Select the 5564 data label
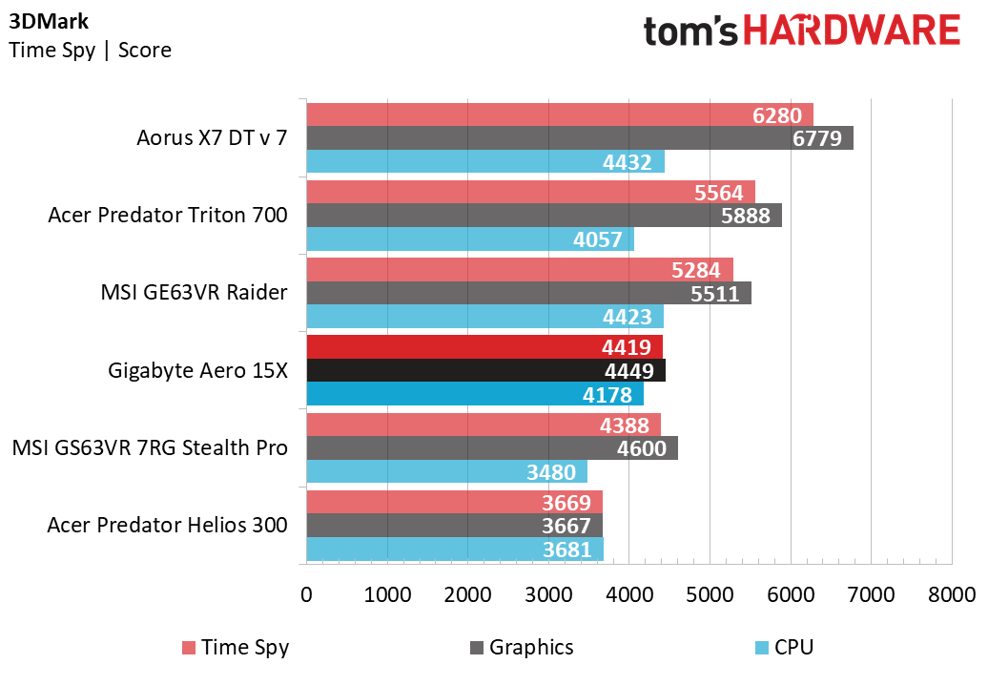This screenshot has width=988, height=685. [x=719, y=192]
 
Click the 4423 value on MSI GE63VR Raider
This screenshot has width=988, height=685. [x=627, y=317]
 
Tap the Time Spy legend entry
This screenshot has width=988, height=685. [x=236, y=648]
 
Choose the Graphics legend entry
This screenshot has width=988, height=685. [x=522, y=648]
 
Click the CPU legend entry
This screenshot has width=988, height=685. [x=784, y=648]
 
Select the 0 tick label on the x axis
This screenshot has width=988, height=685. [x=306, y=594]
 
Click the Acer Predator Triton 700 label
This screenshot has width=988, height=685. [x=168, y=216]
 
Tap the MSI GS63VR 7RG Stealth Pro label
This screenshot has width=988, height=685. [x=150, y=446]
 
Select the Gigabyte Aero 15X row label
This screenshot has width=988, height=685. [x=197, y=370]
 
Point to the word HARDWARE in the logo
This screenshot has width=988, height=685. [x=852, y=31]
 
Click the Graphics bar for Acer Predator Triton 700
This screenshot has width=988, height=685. [x=544, y=216]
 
